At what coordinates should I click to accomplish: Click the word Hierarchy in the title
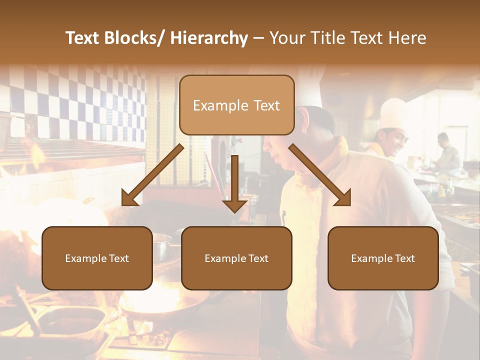(x=209, y=38)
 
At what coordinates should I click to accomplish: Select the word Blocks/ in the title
(x=137, y=38)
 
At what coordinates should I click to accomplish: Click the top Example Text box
(x=236, y=105)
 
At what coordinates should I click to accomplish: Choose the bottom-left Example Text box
(x=97, y=258)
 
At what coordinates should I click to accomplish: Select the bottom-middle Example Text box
(x=236, y=258)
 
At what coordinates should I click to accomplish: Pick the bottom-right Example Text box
(x=383, y=258)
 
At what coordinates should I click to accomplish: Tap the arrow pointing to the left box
(x=152, y=175)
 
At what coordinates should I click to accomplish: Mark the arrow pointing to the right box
(x=320, y=175)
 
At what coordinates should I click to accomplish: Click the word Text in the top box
(x=266, y=105)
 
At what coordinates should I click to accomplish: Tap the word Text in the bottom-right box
(x=404, y=258)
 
